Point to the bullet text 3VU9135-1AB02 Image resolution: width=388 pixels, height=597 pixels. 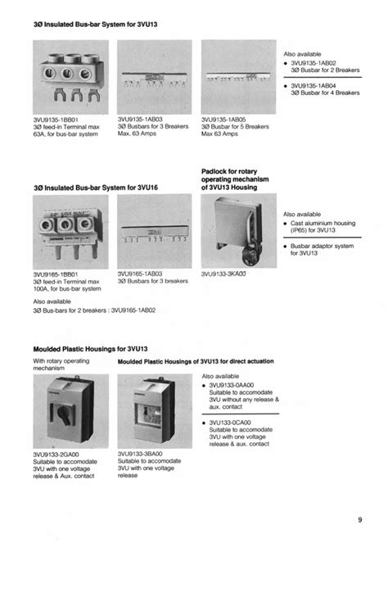(x=318, y=62)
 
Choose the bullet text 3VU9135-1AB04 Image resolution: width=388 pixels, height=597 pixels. (x=318, y=84)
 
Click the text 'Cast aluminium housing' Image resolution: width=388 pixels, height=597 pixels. (x=326, y=223)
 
